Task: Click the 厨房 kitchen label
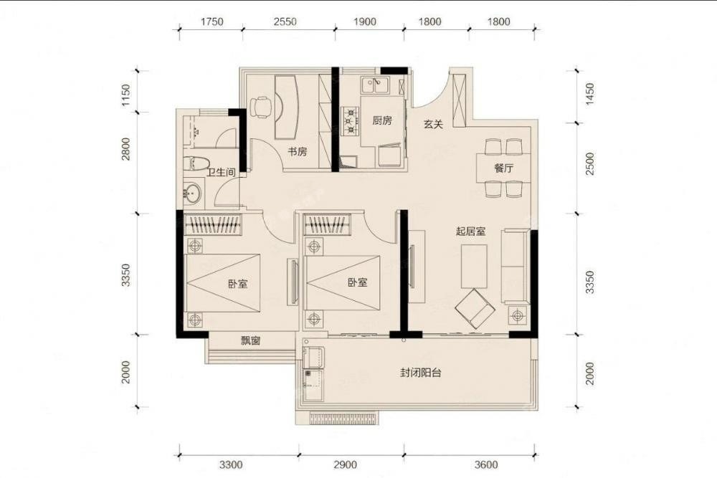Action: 382,120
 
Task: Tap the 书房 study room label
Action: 298,152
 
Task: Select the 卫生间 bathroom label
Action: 221,172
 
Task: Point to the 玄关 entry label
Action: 433,124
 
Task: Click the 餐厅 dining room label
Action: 503,168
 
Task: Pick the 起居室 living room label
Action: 470,231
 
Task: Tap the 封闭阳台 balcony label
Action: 421,373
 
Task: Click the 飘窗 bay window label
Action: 250,340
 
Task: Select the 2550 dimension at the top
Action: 285,21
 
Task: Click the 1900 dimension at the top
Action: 365,21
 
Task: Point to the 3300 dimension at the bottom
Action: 231,465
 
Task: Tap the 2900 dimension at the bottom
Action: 346,465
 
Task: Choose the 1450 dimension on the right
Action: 590,94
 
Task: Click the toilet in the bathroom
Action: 196,163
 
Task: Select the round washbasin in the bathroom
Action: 192,193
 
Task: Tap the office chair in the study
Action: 261,107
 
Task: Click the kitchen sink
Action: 374,85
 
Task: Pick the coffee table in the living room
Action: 474,267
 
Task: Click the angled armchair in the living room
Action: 475,308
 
